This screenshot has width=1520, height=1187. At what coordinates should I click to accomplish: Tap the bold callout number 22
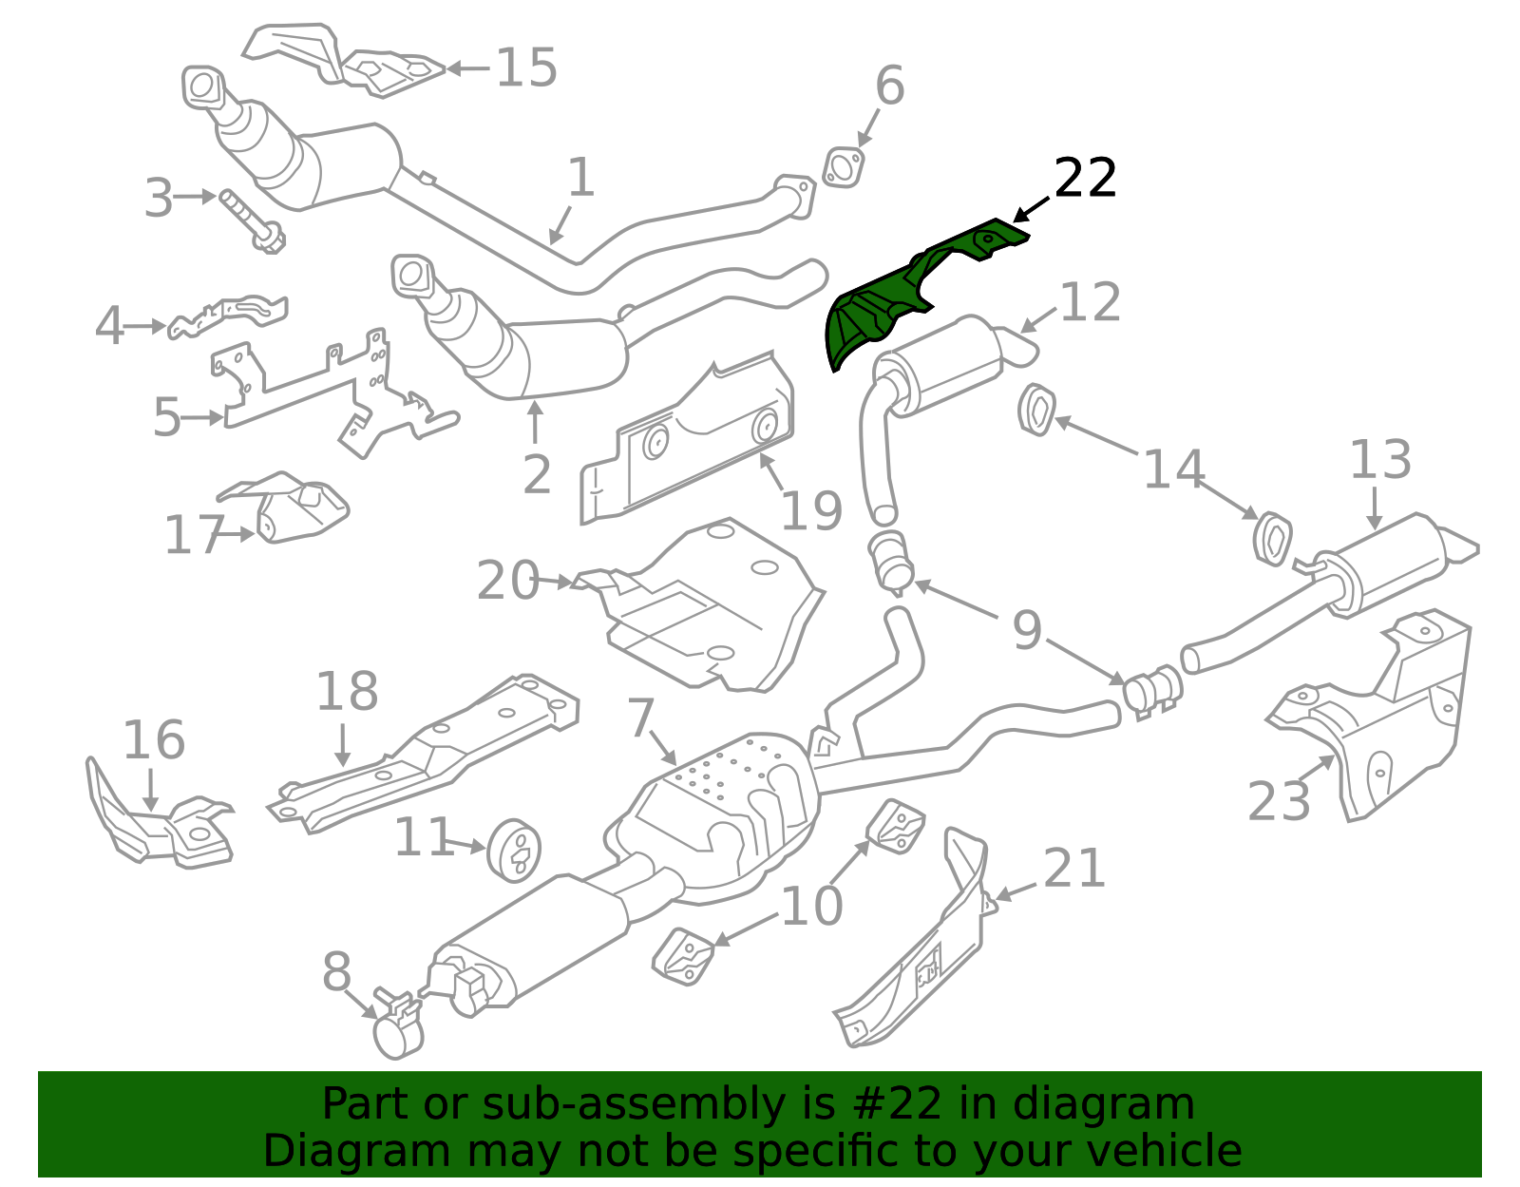1084,178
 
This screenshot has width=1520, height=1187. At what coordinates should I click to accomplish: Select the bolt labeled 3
252,220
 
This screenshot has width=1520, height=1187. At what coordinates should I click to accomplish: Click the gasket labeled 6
844,167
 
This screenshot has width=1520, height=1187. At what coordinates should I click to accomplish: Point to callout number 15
526,67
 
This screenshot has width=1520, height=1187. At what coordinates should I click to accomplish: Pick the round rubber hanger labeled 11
514,851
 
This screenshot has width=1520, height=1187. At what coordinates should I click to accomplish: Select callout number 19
810,511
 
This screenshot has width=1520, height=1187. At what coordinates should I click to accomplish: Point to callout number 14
1174,469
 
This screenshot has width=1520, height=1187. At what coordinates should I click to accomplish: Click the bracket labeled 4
227,318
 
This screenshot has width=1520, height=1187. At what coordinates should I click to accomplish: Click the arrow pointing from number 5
201,418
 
